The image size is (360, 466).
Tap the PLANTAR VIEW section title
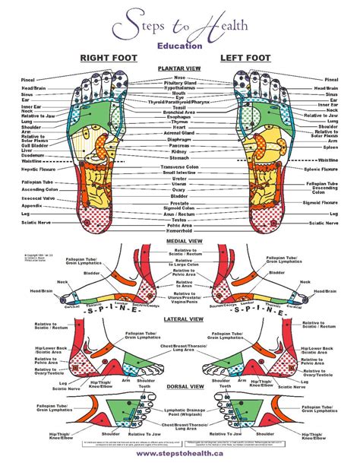pos(179,68)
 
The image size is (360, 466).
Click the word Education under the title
pos(179,45)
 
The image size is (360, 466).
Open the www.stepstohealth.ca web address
pos(180,455)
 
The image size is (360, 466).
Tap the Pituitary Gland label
pos(180,83)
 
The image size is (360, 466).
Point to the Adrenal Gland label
pos(180,132)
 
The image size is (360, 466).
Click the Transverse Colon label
pos(180,166)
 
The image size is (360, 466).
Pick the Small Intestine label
pos(180,173)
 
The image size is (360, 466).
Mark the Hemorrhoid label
pos(180,230)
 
